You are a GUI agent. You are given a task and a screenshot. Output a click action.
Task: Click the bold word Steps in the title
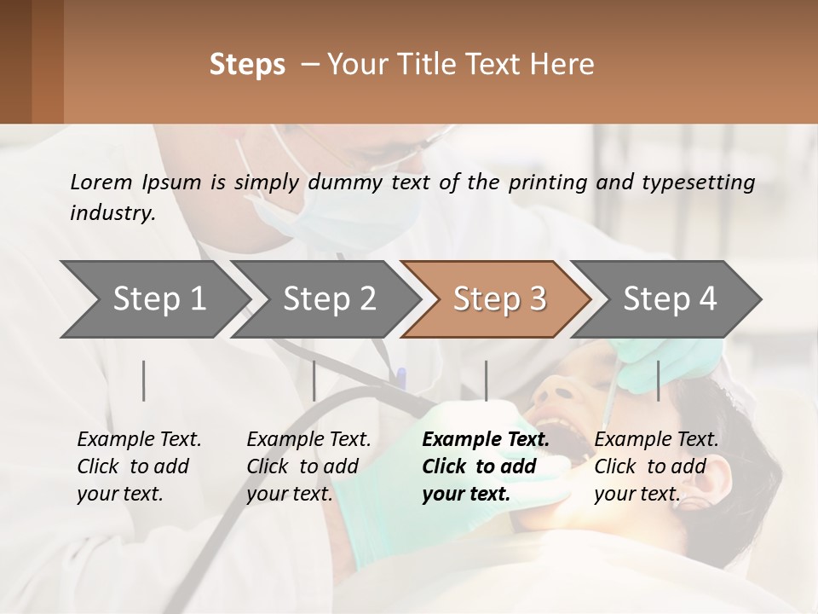pyautogui.click(x=247, y=65)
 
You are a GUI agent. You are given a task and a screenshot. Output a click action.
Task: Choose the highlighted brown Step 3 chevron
pyautogui.click(x=499, y=298)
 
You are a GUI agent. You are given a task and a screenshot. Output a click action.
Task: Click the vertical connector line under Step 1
pyautogui.click(x=144, y=380)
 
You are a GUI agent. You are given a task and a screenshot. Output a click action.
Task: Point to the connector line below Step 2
pyautogui.click(x=314, y=380)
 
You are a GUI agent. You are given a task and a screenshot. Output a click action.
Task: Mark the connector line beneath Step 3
pyautogui.click(x=486, y=380)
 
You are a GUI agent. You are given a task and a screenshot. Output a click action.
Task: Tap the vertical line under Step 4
pyautogui.click(x=658, y=380)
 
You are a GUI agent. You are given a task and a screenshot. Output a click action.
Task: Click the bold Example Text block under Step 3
pyautogui.click(x=486, y=466)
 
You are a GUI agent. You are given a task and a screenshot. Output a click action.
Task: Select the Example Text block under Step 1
pyautogui.click(x=139, y=466)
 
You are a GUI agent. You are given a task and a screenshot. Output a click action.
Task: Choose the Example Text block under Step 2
pyautogui.click(x=308, y=466)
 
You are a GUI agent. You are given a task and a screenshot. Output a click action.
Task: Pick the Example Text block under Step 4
pyautogui.click(x=656, y=466)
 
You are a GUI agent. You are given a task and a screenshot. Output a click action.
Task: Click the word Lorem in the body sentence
pyautogui.click(x=101, y=182)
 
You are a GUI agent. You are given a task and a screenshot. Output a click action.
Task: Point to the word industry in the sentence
pyautogui.click(x=112, y=212)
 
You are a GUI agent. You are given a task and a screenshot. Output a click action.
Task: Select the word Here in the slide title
pyautogui.click(x=566, y=65)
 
